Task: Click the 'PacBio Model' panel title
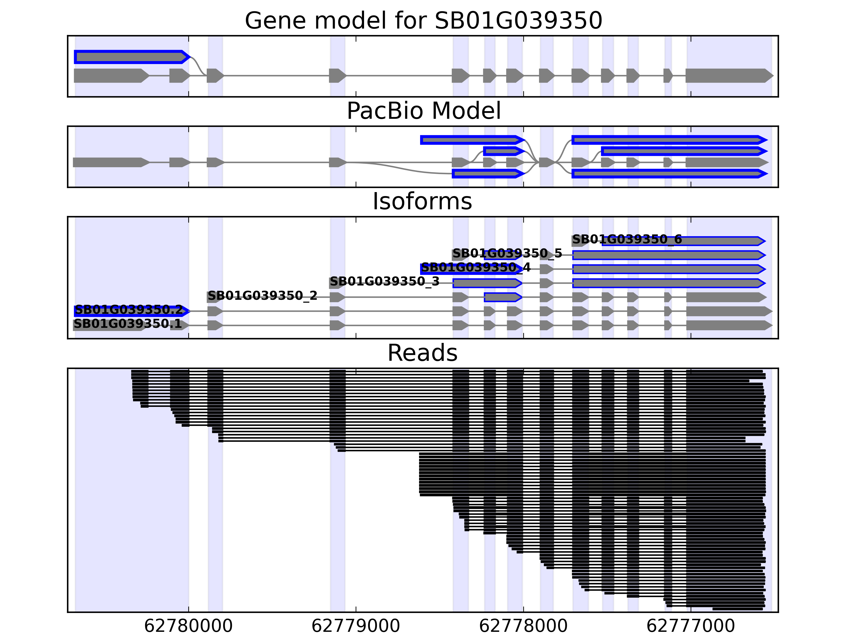point(423,111)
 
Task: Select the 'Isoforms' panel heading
point(422,201)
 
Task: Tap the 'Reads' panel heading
point(422,353)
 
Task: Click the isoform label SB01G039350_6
point(627,240)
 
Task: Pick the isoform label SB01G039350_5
point(507,253)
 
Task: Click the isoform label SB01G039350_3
point(384,282)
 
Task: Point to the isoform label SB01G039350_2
point(262,296)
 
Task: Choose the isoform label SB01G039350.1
point(127,324)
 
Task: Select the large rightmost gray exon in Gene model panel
point(729,76)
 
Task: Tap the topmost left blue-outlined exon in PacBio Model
point(471,140)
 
